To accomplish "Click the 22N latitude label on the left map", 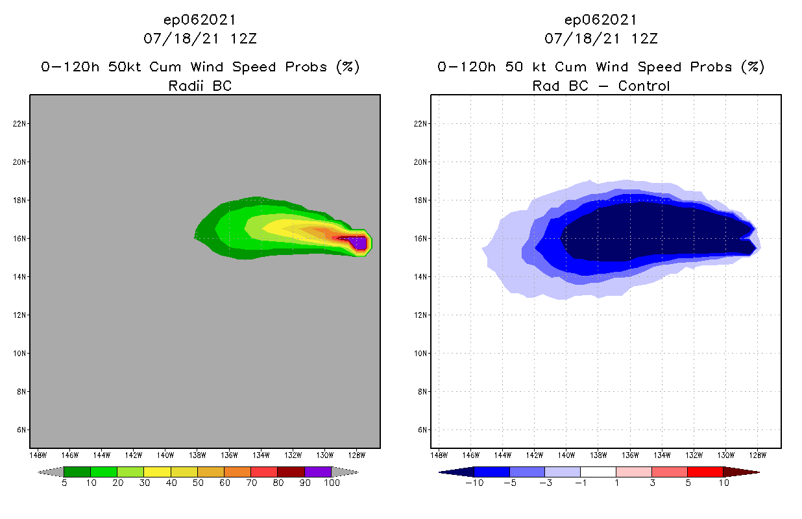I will [19, 124].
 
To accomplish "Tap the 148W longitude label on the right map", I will [439, 454].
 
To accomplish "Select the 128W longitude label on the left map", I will [357, 454].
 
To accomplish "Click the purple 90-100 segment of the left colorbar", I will [318, 472].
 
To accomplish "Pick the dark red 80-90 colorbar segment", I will [291, 472].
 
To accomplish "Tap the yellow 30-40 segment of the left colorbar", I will [157, 472].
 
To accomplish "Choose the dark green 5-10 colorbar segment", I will [77, 472].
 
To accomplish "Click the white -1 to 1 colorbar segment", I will [598, 472].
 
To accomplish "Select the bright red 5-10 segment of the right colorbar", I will [704, 472].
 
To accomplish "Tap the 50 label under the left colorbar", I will [198, 483].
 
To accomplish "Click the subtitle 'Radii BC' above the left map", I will [200, 86].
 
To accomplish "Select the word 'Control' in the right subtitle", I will [644, 86].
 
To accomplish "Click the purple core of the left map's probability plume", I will [358, 243].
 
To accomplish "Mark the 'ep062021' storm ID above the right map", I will [601, 20].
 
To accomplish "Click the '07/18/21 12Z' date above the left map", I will [200, 38].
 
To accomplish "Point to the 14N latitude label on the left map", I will [19, 276].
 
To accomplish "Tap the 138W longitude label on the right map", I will [598, 454].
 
